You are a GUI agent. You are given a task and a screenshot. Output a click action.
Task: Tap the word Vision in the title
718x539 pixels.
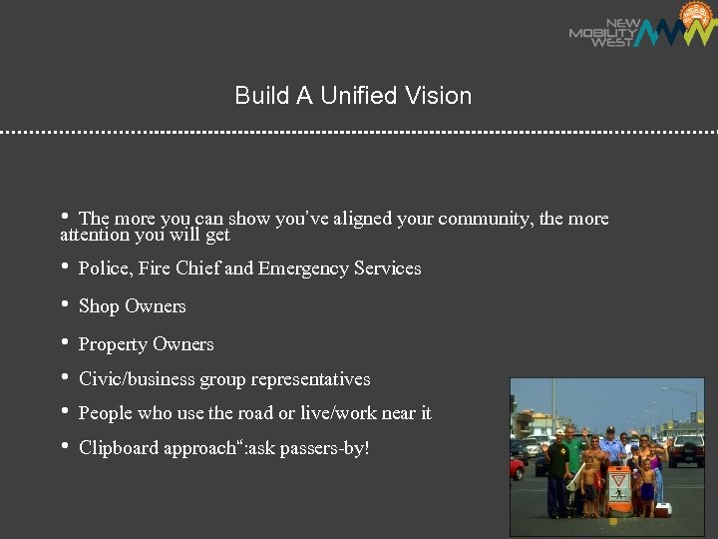coord(439,96)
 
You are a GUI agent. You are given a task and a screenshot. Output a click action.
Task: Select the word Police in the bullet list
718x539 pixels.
coord(102,269)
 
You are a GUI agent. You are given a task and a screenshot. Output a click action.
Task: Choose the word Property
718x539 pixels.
coord(112,345)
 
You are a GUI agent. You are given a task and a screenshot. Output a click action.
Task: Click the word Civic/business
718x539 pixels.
coord(137,379)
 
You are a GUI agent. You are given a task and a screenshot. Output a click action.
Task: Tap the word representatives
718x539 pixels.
coord(310,379)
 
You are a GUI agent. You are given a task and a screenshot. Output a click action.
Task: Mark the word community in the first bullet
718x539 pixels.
coord(486,219)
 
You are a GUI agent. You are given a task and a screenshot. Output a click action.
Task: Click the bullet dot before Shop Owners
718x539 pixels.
coord(65,305)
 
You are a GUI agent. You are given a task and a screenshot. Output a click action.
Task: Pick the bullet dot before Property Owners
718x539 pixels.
coord(65,343)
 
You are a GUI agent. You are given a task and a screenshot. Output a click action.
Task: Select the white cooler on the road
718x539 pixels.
coord(661,510)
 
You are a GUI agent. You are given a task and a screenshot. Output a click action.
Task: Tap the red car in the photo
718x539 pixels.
coord(517,468)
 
